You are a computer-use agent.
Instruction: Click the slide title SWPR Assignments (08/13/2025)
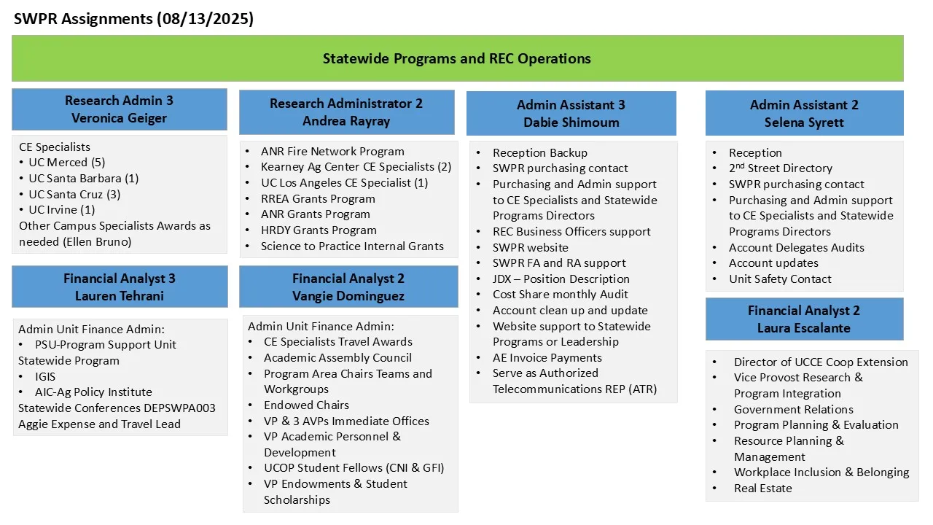(134, 19)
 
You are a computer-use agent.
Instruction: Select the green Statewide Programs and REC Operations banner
(457, 58)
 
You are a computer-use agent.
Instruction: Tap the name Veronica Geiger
(119, 118)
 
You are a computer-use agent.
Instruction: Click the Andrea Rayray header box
(346, 112)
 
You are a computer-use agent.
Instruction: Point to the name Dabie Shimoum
(571, 122)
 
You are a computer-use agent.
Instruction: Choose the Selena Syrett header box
(804, 113)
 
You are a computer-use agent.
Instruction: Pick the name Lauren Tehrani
(119, 296)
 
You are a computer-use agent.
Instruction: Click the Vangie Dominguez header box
(348, 287)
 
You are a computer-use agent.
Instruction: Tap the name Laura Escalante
(804, 328)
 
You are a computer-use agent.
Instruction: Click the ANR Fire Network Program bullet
(332, 152)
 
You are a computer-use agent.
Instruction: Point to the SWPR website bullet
(530, 247)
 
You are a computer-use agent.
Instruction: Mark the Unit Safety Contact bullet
(780, 279)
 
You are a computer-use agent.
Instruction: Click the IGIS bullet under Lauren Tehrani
(45, 376)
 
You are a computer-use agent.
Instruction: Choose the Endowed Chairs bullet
(306, 405)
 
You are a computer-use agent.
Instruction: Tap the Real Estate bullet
(762, 489)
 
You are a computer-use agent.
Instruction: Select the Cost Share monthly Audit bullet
(561, 295)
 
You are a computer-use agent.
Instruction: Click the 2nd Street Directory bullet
(780, 168)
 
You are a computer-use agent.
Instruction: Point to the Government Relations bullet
(793, 409)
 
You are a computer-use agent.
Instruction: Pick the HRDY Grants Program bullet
(319, 230)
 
